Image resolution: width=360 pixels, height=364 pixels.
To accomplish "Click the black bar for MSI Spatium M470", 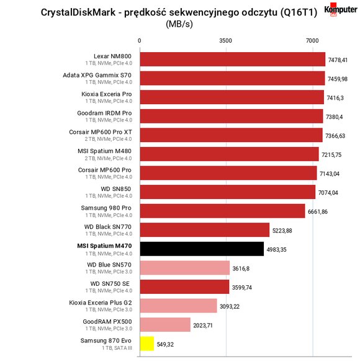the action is [x=202, y=249].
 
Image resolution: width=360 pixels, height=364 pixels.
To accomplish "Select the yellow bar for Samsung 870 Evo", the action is [x=147, y=344].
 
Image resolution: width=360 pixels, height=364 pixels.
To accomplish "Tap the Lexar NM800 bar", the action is [x=233, y=59].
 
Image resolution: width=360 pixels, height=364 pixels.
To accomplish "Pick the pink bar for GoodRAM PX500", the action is [x=165, y=324].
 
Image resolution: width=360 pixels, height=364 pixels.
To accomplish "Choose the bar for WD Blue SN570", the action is [x=185, y=268].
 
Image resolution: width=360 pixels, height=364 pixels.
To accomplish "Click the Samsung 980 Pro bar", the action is [x=222, y=211].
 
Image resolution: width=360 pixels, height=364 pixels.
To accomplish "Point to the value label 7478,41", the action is [x=338, y=60].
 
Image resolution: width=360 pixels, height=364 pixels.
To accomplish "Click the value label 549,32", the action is [x=165, y=345].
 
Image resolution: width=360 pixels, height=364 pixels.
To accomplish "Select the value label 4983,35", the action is [x=277, y=250].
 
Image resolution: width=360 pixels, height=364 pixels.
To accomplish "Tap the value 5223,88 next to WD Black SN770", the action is [x=282, y=231].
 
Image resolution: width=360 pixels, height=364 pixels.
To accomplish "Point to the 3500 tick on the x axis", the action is [x=226, y=41].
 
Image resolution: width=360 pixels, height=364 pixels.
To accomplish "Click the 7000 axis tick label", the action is [x=312, y=41].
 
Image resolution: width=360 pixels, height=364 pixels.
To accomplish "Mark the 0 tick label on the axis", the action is [x=139, y=41].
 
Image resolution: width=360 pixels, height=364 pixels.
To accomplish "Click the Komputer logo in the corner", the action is [x=341, y=10].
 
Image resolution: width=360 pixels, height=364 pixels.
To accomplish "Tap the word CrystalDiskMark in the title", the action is [x=78, y=12].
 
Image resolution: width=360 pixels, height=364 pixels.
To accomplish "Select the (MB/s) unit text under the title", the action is [x=179, y=24].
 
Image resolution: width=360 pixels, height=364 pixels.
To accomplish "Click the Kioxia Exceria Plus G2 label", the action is [x=101, y=303].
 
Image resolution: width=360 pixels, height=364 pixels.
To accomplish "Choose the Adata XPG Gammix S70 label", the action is [x=97, y=75].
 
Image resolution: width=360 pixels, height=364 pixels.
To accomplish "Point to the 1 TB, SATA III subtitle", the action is [x=117, y=348].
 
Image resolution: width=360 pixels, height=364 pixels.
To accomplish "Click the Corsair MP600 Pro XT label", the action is [x=101, y=132].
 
